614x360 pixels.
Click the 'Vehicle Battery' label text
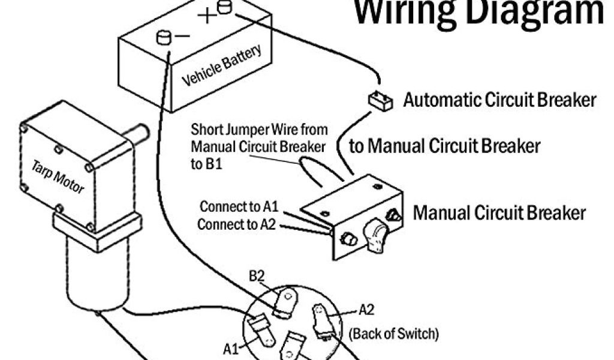221,65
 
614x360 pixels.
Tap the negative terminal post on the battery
163,37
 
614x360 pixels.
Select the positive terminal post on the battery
224,7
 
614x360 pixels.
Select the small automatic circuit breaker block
380,100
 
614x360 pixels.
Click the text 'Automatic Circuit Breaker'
499,100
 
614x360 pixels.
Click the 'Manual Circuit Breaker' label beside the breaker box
499,212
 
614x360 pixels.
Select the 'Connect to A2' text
237,224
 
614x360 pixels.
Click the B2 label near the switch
256,277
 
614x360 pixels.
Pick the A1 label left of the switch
232,348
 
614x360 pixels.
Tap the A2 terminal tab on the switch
321,319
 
